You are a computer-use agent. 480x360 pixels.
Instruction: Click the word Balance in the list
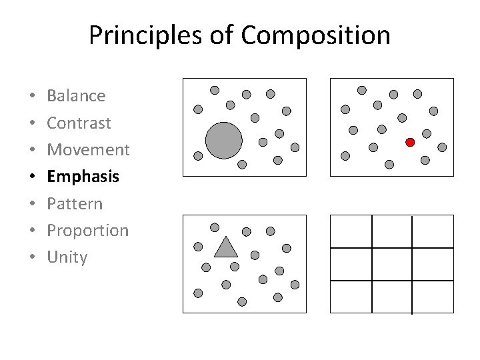76,96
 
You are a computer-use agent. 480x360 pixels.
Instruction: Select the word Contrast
79,123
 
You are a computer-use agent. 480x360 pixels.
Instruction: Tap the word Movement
88,149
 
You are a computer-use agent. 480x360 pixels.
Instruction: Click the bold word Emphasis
83,177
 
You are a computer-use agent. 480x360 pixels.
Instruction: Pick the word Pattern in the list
75,203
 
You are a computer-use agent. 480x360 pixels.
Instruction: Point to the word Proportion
87,231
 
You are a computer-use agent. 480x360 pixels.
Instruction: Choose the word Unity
67,257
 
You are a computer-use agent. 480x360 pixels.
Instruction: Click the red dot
410,142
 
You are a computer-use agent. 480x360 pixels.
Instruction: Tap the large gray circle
223,140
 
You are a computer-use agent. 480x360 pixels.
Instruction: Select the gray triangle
226,248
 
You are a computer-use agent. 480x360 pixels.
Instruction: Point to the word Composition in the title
316,35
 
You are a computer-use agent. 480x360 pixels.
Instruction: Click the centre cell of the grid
392,264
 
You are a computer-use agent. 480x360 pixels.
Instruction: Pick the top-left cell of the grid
351,231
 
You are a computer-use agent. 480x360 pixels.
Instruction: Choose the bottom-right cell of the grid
433,297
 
